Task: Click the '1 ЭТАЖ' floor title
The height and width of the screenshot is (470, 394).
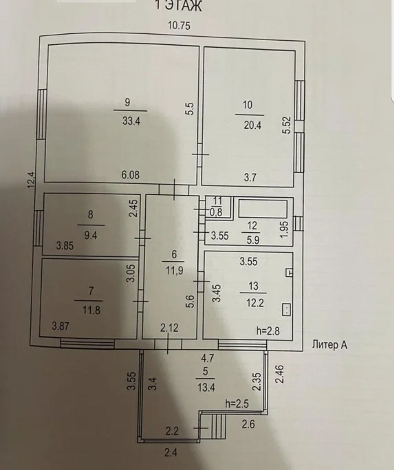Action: pyautogui.click(x=178, y=6)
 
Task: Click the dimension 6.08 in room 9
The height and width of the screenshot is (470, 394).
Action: pyautogui.click(x=131, y=175)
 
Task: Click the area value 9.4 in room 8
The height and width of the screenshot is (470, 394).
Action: pyautogui.click(x=91, y=235)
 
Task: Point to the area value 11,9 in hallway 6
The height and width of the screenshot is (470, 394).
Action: pyautogui.click(x=174, y=271)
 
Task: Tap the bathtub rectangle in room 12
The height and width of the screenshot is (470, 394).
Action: pyautogui.click(x=263, y=208)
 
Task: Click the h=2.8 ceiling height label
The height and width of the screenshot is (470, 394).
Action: pyautogui.click(x=268, y=331)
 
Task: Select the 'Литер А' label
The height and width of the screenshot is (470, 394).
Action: pyautogui.click(x=329, y=345)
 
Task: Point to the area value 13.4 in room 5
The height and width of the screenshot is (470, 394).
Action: pyautogui.click(x=206, y=387)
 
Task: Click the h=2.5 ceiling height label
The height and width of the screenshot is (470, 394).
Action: pyautogui.click(x=237, y=404)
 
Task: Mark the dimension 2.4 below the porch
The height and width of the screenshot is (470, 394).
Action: pyautogui.click(x=171, y=452)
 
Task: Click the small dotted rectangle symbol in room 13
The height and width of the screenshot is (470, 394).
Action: pyautogui.click(x=286, y=309)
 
